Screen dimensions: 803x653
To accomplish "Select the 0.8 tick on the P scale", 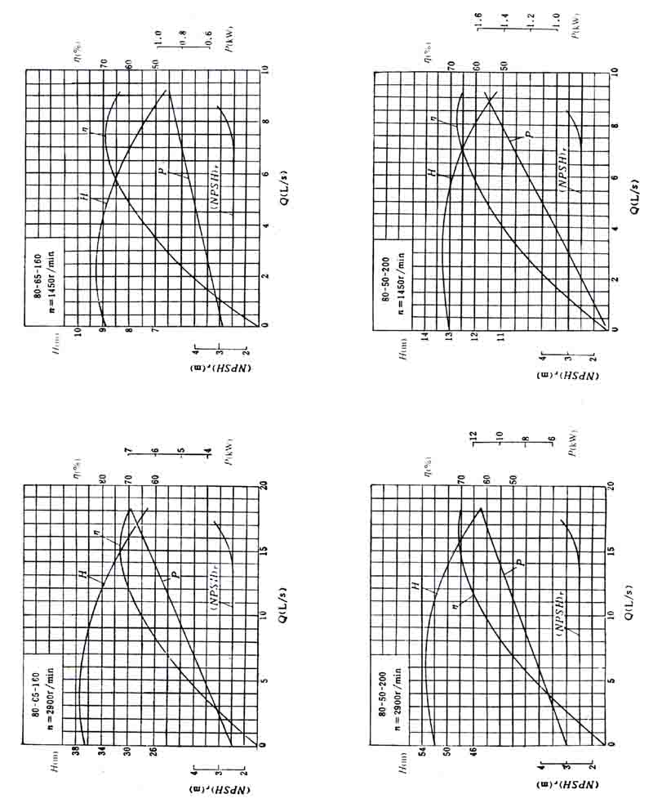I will pos(184,37).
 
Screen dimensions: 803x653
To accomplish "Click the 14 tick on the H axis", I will pos(424,336).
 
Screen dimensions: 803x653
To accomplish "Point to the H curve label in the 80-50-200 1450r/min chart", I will pos(433,173).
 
